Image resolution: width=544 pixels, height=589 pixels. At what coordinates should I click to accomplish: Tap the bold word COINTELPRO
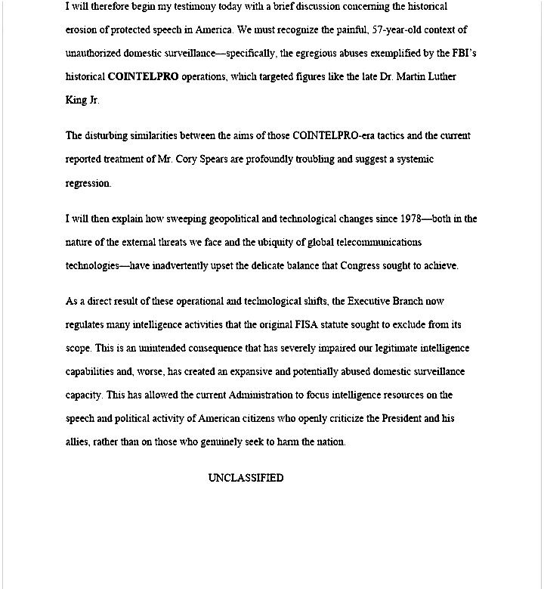(144, 77)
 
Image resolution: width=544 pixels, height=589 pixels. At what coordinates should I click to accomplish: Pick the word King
(76, 101)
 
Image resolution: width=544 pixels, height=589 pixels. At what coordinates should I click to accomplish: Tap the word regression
(88, 183)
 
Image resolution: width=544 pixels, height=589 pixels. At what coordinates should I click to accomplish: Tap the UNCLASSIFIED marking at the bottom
(246, 478)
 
